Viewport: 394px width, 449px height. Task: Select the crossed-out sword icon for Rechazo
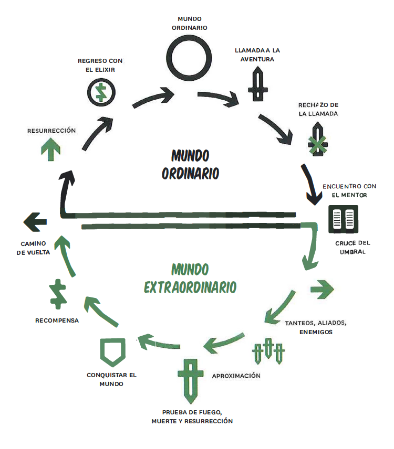(x=318, y=140)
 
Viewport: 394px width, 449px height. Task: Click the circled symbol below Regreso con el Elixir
(x=101, y=92)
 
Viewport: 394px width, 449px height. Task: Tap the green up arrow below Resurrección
(x=50, y=150)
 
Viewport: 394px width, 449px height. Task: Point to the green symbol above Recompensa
(x=57, y=294)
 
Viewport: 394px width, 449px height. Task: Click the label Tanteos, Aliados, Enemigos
(x=316, y=327)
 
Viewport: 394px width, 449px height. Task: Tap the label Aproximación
(x=236, y=376)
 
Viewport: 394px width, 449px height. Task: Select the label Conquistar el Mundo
(x=112, y=379)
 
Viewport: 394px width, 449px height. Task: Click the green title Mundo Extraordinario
(x=190, y=279)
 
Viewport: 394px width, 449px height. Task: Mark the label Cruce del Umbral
(x=352, y=247)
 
